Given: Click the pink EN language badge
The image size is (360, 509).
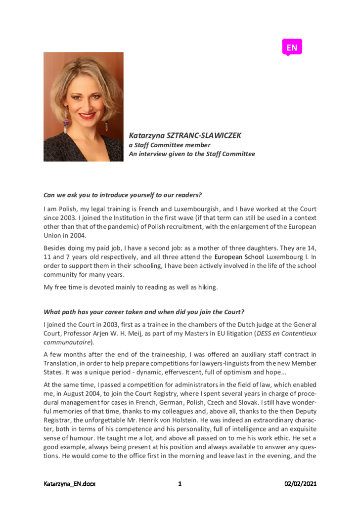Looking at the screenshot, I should tap(292, 47).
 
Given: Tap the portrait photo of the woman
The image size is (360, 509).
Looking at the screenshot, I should tap(83, 106).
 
